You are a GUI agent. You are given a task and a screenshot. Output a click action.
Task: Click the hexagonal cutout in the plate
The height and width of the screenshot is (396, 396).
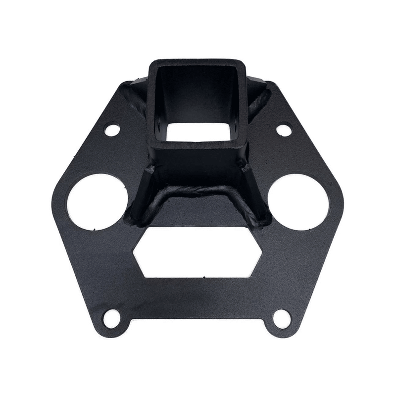click(197, 252)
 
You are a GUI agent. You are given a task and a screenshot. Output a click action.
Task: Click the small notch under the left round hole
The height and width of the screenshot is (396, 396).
click(94, 229)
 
